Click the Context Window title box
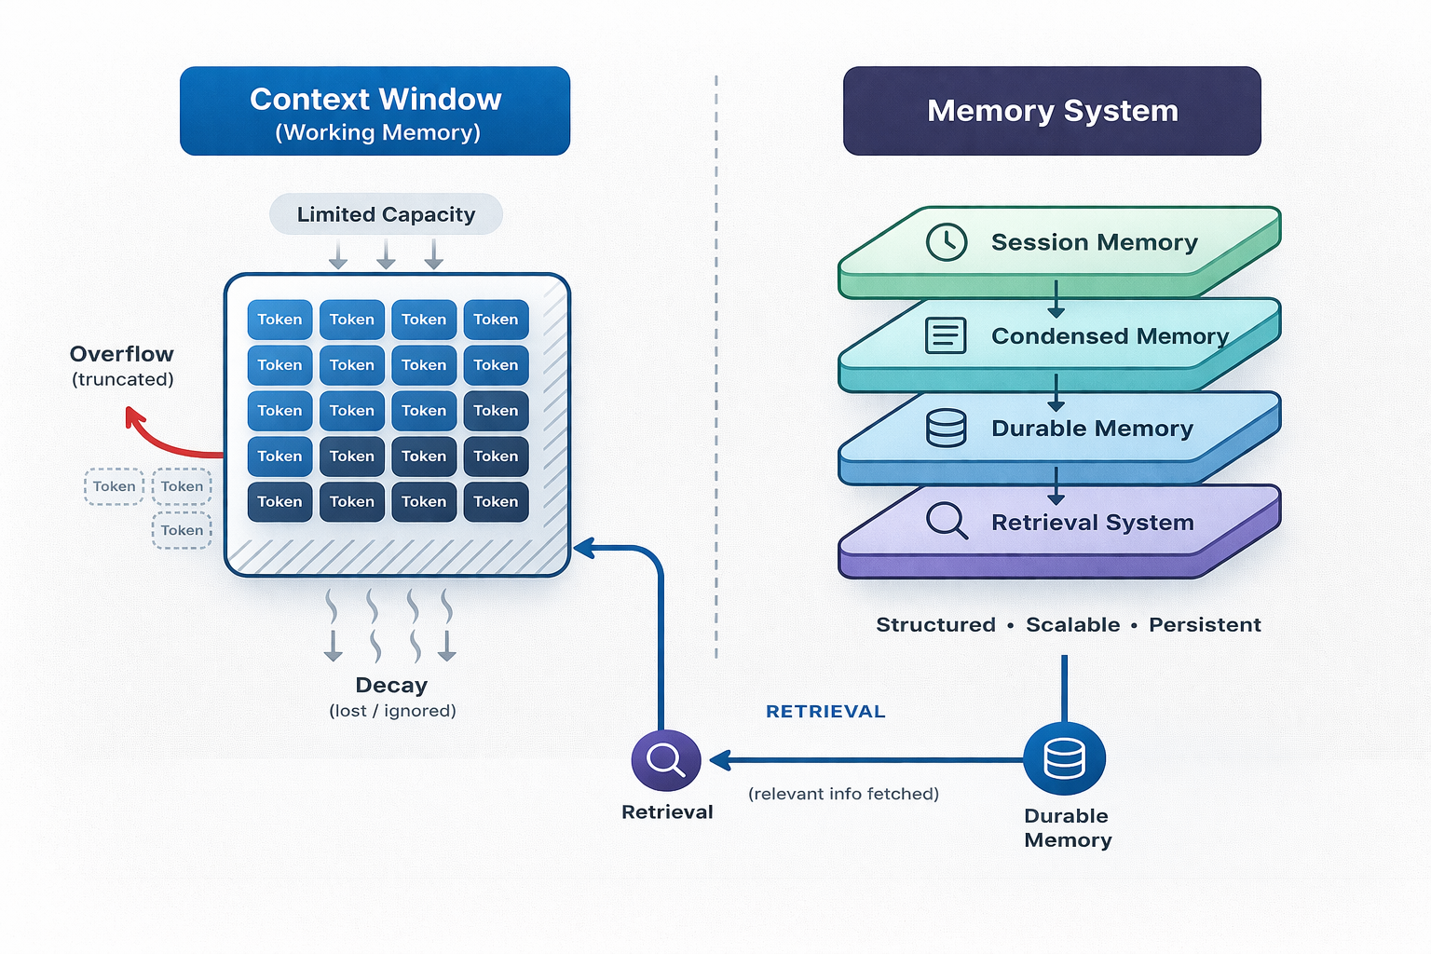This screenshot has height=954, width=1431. tap(375, 111)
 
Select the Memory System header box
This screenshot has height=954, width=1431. tap(1052, 111)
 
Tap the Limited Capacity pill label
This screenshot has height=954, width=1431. tap(386, 214)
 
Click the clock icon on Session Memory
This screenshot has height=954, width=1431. tap(947, 242)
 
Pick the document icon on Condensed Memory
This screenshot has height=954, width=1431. tap(946, 335)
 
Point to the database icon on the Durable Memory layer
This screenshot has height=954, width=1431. tap(946, 429)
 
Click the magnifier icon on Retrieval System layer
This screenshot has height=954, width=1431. tap(947, 521)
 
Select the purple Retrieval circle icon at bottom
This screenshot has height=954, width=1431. tap(666, 760)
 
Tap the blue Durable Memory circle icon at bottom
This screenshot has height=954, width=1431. tap(1064, 758)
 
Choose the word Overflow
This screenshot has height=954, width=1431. tap(122, 354)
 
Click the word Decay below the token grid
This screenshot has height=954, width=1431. tap(391, 686)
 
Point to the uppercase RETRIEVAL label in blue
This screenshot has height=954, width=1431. tap(825, 712)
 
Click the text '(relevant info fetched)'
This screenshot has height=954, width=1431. tap(843, 794)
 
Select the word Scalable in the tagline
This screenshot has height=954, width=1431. tap(1072, 625)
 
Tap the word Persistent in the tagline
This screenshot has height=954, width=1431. tap(1205, 625)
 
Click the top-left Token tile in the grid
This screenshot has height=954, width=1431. tap(279, 320)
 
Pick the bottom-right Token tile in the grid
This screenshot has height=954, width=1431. tap(496, 502)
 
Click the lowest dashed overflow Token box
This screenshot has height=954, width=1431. tap(182, 530)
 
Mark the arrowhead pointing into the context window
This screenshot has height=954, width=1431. tap(583, 549)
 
